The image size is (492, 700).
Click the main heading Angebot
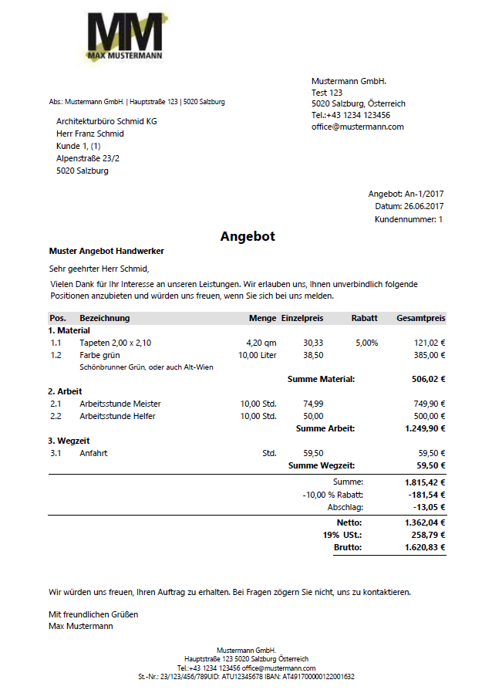pos(248,236)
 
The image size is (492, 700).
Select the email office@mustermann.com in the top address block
pos(357,127)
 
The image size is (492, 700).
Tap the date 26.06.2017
pos(423,206)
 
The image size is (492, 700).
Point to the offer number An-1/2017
pos(425,194)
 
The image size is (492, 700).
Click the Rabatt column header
pos(364,318)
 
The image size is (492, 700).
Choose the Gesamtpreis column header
pos(420,318)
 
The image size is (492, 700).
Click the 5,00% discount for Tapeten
pos(366,343)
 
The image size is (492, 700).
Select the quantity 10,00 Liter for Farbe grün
pos(257,355)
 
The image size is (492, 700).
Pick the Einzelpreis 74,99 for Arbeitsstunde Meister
pos(313,404)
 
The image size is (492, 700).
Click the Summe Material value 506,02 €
pos(428,379)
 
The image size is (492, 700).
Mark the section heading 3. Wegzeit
pos(69,441)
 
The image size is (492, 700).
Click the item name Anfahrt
pos(94,453)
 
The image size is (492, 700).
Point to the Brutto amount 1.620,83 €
pos(425,547)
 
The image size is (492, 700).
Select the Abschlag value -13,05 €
pos(430,507)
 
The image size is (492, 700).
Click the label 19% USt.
pos(342,535)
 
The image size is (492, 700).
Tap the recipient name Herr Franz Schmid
pos(89,134)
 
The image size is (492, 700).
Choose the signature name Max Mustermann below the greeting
pos(80,626)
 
